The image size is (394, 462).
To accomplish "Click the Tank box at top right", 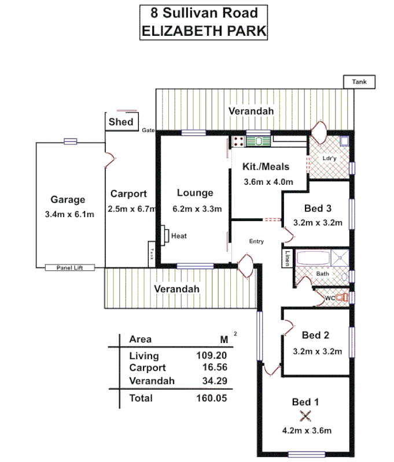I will coord(359,82).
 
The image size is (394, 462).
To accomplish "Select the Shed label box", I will coord(121,121).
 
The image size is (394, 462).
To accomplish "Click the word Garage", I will coord(68,200).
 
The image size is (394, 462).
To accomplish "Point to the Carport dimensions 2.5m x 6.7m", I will coord(131,208).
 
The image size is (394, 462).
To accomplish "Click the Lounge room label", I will coord(195,193).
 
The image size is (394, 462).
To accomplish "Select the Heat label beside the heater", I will coord(179,236).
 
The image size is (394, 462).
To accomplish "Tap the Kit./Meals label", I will coord(265,167).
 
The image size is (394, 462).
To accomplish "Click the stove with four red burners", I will coord(238,140).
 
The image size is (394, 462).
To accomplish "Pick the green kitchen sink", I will coord(258,140).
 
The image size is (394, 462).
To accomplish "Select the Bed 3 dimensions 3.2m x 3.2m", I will coord(319,222).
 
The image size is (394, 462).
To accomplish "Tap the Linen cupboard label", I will coord(288,258).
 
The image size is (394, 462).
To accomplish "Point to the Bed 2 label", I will coord(315,335).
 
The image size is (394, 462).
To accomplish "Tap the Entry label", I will coord(256,241).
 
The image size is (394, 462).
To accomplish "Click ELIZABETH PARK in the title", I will coord(204,31).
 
